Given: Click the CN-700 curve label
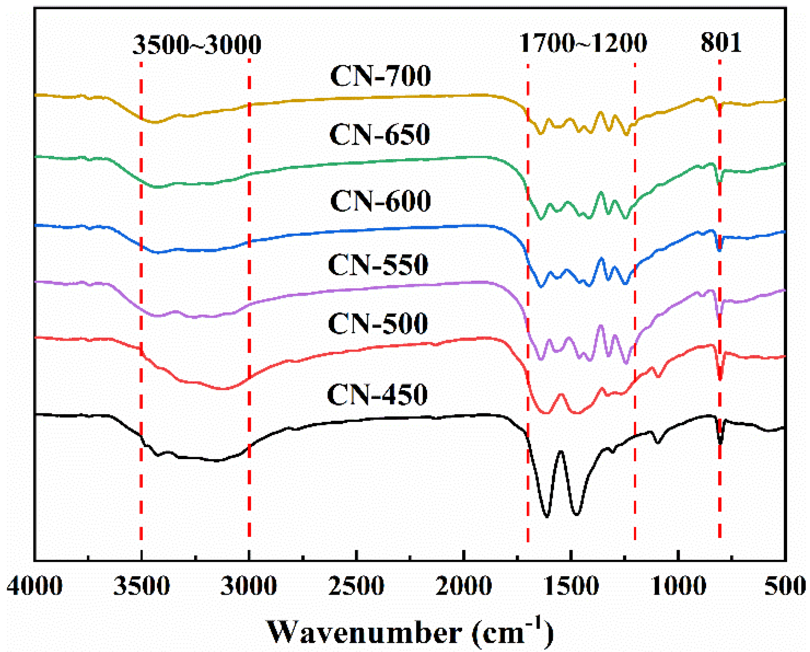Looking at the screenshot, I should coord(380,76).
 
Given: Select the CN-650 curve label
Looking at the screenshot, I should coord(380,134).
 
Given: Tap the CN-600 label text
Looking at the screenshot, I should coord(380,201).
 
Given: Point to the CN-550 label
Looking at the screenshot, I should coord(378,265).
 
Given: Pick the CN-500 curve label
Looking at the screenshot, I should coord(378,323).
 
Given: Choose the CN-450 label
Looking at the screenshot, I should coord(377,395).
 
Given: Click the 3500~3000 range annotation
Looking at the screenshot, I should coord(197,44).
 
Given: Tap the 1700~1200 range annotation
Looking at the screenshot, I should coord(583,43).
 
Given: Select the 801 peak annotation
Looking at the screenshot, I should coord(721,42).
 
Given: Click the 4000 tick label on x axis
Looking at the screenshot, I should coord(35,586).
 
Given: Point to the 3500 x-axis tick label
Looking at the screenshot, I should coord(141,586).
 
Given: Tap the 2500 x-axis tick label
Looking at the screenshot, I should coord(356,586).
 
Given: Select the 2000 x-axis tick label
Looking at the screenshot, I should coord(463,586).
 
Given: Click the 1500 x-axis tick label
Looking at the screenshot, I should coord(571,586).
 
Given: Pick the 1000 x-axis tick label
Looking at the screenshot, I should coord(678,586).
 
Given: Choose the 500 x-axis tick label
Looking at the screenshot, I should coord(785,586).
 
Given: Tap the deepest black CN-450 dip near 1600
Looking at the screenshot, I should coord(546,516).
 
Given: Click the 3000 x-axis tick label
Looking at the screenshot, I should coord(249,586).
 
